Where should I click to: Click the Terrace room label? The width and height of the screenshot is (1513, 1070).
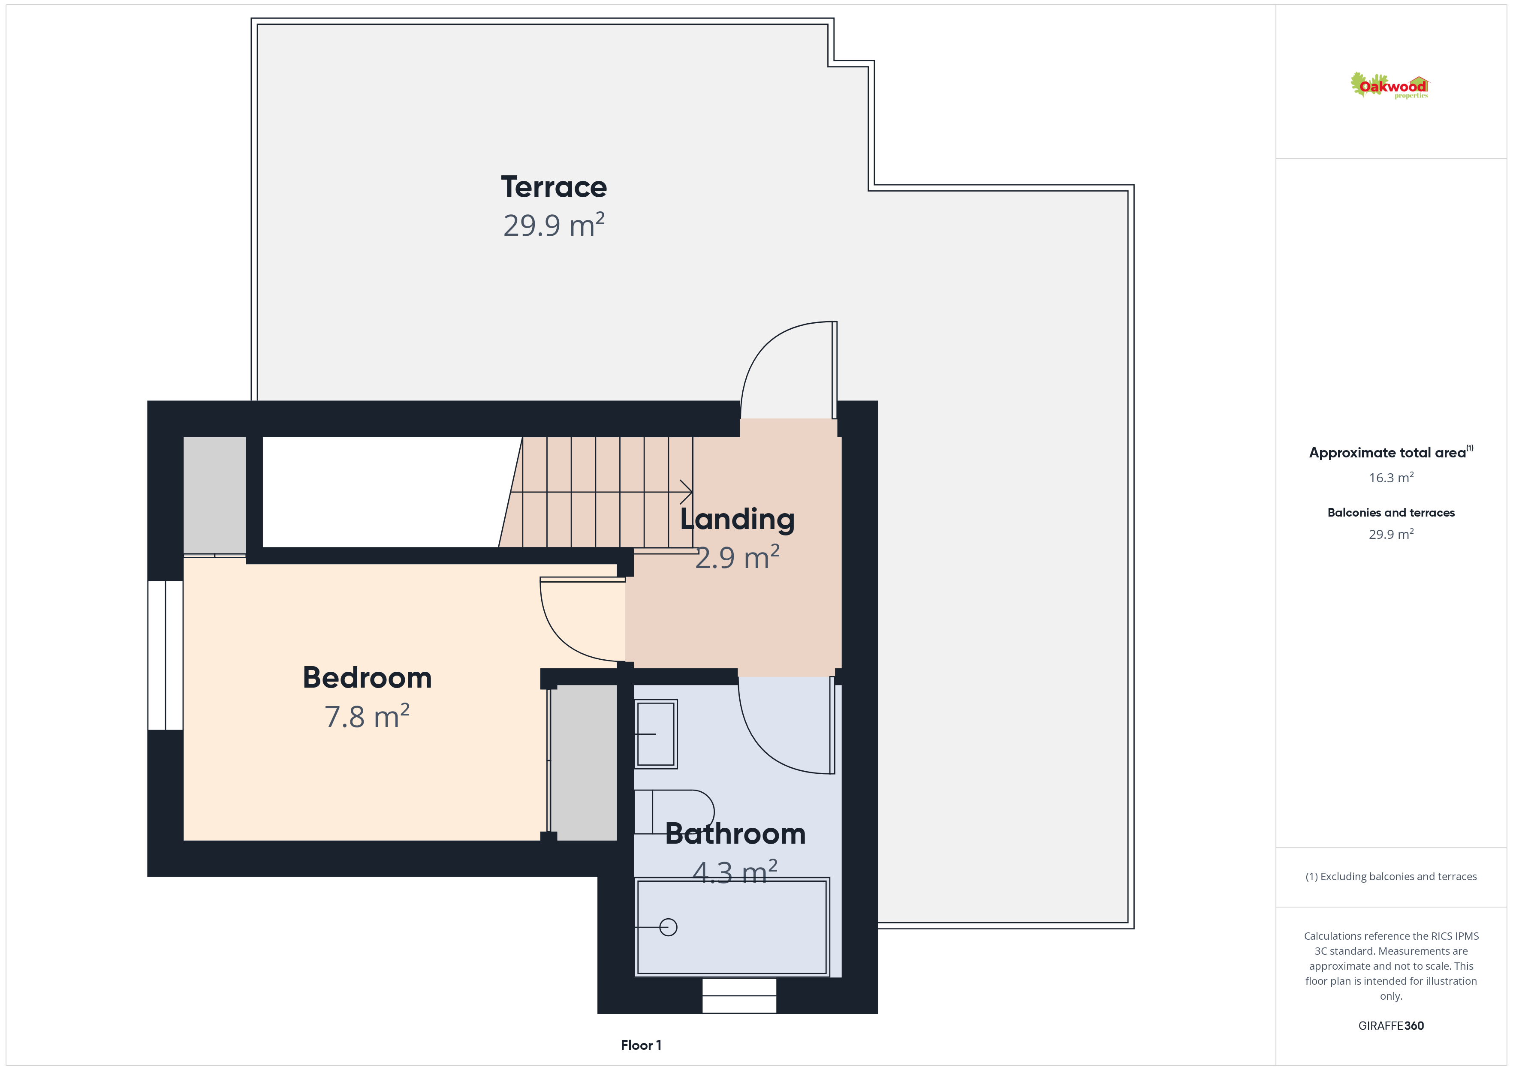coord(554,187)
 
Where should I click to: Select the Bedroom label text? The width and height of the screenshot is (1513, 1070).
coord(367,678)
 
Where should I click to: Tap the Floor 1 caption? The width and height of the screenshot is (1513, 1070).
coord(641,1045)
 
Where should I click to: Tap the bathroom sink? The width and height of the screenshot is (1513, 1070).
coord(656,734)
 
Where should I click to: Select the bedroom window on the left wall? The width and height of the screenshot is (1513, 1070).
coord(166,655)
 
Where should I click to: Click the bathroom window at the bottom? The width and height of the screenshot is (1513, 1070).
coord(739,995)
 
